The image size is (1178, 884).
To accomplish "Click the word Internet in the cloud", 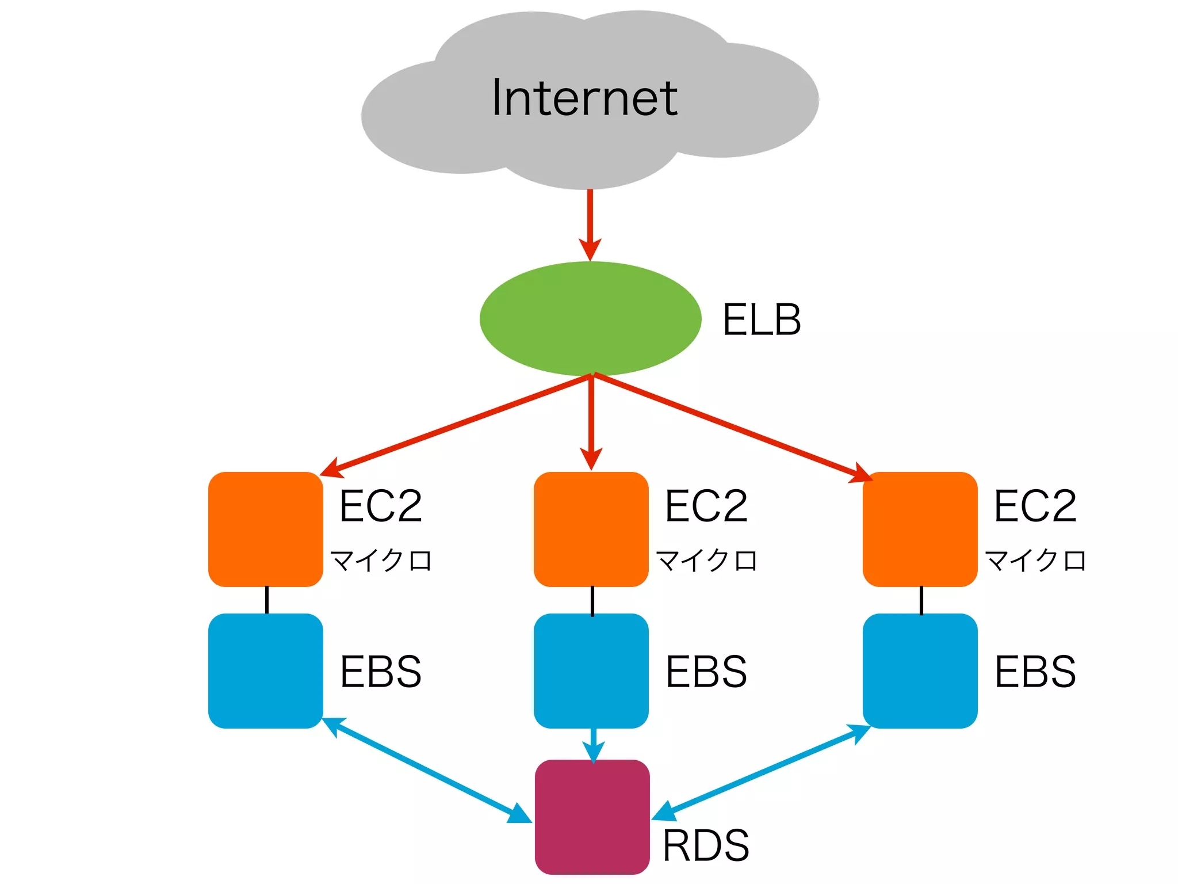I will click(x=584, y=98).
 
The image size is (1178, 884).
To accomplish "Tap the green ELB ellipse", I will click(x=590, y=318).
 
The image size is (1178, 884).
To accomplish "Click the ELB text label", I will click(x=761, y=320).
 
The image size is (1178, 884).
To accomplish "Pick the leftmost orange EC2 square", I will click(x=265, y=529).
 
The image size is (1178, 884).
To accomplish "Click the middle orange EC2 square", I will click(x=591, y=529).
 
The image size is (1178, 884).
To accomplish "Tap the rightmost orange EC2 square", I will click(x=919, y=529).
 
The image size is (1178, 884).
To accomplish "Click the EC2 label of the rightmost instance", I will click(x=1035, y=506).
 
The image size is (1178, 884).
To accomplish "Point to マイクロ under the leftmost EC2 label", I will click(x=381, y=560).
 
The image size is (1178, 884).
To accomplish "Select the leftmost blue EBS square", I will click(x=265, y=670).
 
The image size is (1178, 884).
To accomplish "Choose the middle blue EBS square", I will click(x=591, y=670).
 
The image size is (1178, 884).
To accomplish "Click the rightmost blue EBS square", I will click(x=919, y=670).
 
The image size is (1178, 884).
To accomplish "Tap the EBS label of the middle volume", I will click(x=706, y=672).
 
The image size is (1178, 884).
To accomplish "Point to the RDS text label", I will click(x=706, y=845).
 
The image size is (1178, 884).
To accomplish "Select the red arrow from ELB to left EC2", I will click(x=454, y=425).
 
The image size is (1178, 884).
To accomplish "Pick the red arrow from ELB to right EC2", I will click(x=730, y=426).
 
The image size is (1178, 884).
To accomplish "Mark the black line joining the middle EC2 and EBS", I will click(x=592, y=600).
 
